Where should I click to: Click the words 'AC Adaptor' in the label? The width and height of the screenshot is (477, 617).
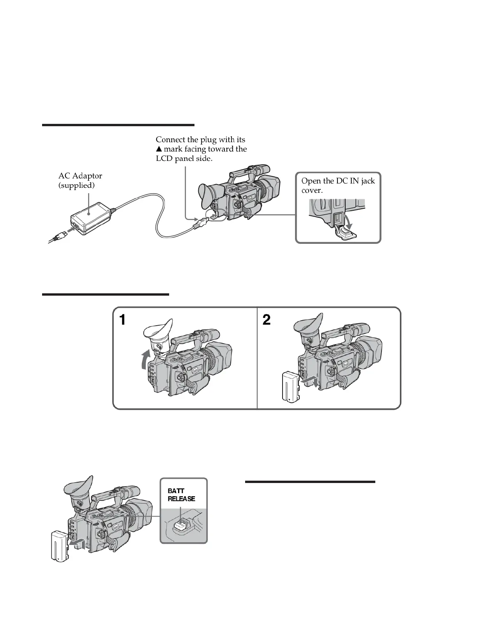(x=80, y=176)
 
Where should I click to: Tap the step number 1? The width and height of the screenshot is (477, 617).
(x=122, y=320)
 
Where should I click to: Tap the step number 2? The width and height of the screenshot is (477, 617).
(x=267, y=320)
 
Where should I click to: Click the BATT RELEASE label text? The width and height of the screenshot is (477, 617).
(x=181, y=495)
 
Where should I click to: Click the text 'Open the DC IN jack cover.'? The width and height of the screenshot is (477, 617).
(x=338, y=185)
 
